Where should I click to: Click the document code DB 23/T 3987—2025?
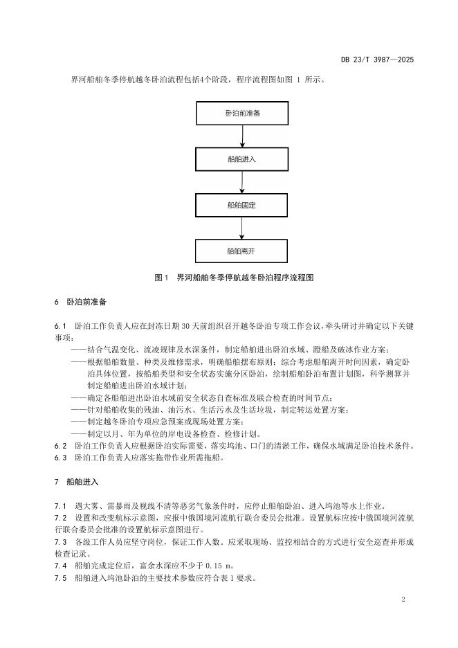click(377, 60)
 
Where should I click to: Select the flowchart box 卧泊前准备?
click(241, 112)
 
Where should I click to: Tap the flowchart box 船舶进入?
click(241, 159)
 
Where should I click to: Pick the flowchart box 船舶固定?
click(241, 204)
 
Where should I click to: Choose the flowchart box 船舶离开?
click(241, 250)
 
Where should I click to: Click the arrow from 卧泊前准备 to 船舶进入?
click(241, 136)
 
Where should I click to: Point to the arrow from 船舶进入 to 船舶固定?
click(241, 181)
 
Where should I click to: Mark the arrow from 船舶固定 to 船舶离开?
click(241, 227)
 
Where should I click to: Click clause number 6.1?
click(59, 325)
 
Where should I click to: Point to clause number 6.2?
click(59, 446)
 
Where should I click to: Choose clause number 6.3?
click(59, 458)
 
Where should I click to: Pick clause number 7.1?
click(59, 505)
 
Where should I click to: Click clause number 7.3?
click(59, 542)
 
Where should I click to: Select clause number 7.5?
click(59, 579)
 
